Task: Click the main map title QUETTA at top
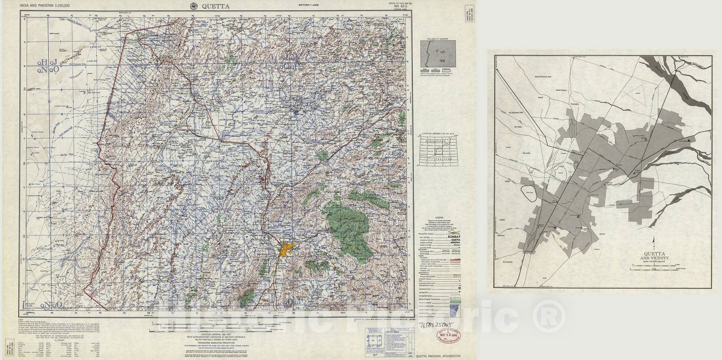pos(216,6)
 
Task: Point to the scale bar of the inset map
pos(653,268)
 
